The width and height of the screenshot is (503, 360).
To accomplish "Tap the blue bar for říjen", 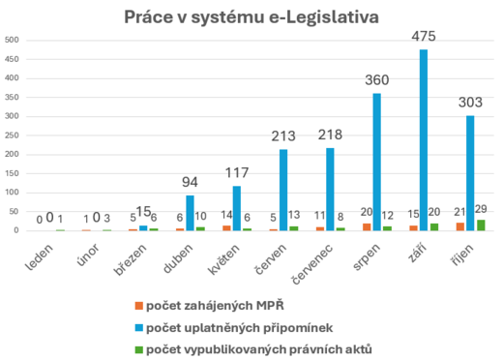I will coord(471,173).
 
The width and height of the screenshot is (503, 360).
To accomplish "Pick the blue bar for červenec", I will coord(331,190).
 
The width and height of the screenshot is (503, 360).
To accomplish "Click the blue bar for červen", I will coord(284,191).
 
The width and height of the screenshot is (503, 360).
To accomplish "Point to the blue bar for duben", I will coord(191,214).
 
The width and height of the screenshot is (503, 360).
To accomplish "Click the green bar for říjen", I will coord(482,225).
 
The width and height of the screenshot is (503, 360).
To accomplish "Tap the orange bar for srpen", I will coord(367,227).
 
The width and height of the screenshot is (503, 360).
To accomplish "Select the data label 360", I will coord(377,81).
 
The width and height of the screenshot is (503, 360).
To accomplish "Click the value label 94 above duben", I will coord(192,182).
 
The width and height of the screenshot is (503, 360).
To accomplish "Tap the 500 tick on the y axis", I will coord(11,41).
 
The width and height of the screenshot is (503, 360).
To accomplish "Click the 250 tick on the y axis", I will coord(11,135).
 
